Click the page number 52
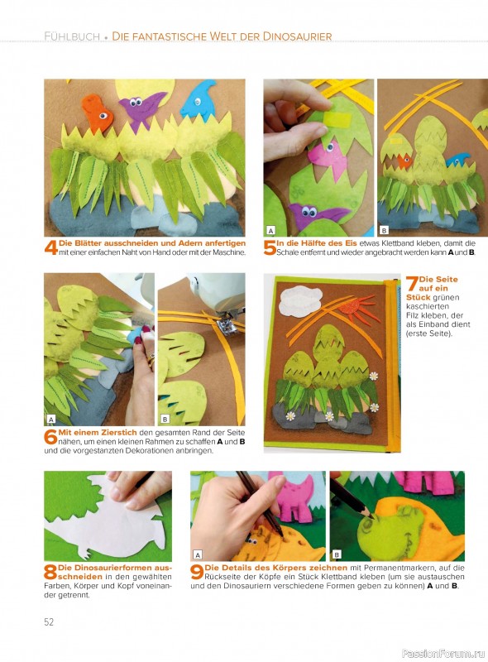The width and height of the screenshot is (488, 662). (x=49, y=622)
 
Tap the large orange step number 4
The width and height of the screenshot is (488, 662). (x=51, y=247)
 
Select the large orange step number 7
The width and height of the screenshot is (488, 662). (x=412, y=283)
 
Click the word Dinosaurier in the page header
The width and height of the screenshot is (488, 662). (x=298, y=36)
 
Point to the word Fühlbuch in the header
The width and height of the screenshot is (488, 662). (x=72, y=36)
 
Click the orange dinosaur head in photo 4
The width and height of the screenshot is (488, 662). (x=98, y=113)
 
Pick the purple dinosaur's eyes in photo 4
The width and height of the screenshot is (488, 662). (x=136, y=102)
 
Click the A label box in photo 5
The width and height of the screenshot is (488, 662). (x=271, y=230)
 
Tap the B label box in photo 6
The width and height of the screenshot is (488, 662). (x=165, y=420)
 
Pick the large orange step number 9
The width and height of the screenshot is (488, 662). (x=197, y=573)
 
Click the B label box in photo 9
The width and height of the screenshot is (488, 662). (x=337, y=554)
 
